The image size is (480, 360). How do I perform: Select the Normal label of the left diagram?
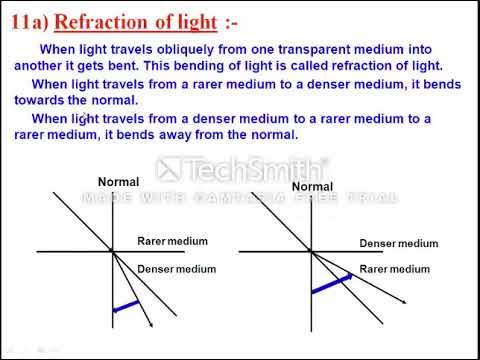click(x=118, y=181)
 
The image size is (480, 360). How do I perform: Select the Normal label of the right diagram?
click(x=312, y=187)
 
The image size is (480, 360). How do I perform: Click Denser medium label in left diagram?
click(x=176, y=269)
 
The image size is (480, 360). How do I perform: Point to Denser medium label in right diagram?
click(x=398, y=244)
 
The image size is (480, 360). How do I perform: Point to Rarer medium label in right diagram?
click(x=394, y=269)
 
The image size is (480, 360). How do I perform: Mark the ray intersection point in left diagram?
click(x=112, y=250)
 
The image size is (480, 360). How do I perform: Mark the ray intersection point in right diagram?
click(x=312, y=251)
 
